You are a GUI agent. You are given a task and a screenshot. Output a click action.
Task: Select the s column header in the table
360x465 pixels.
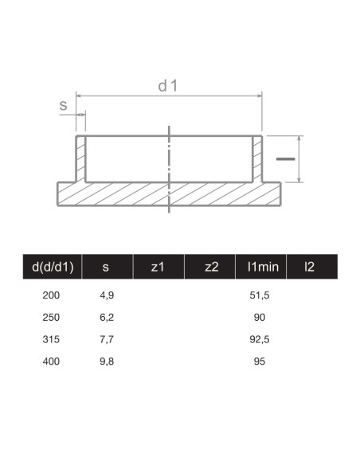coord(106,267)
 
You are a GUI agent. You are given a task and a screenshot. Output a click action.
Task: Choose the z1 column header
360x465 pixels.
coord(158,267)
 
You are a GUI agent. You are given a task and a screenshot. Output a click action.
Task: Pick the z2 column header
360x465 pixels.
coord(211,267)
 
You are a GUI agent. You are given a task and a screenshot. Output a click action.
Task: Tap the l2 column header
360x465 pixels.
coord(309,267)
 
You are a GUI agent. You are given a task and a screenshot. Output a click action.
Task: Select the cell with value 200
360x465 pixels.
coord(51,295)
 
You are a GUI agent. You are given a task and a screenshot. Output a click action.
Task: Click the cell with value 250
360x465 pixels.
coord(51,318)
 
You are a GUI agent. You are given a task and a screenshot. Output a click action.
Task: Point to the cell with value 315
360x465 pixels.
coord(51,339)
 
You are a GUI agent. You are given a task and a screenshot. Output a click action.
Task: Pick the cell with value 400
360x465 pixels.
coord(51,361)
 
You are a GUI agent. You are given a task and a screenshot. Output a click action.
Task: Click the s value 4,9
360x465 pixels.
coord(106,295)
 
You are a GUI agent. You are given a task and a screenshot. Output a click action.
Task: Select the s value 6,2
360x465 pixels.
coord(106,318)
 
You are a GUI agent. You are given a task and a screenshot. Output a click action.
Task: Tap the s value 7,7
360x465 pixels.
coord(106,339)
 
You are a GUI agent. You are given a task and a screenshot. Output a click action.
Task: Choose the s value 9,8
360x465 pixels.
coord(106,361)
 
